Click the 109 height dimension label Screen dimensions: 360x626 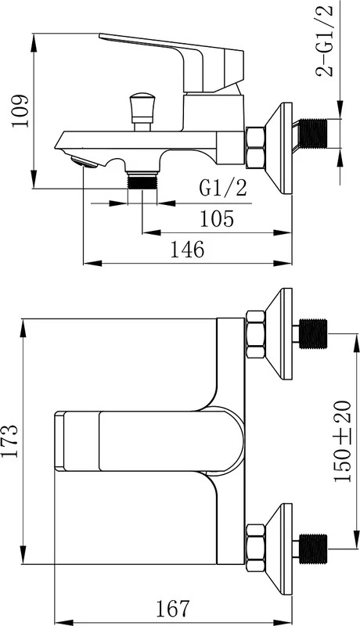point(20,110)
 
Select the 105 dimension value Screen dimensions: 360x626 point(217,219)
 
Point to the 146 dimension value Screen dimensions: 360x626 point(188,250)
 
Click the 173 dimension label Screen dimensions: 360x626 point(9,441)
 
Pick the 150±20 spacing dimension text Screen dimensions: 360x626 point(343,441)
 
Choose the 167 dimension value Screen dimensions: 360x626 point(172,609)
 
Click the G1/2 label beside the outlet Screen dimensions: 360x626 point(224,188)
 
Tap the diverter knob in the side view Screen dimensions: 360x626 point(142,112)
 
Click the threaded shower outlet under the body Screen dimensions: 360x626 point(142,181)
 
